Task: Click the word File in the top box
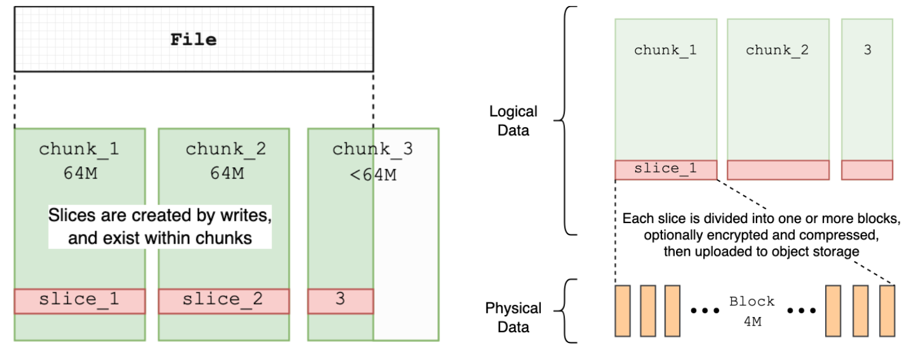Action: click(x=193, y=40)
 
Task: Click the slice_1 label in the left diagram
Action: click(x=79, y=299)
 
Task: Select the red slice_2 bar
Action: click(x=224, y=301)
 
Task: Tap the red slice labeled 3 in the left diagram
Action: click(x=340, y=301)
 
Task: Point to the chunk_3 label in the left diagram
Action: click(x=372, y=148)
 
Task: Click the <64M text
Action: click(x=372, y=175)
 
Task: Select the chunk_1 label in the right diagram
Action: click(x=665, y=50)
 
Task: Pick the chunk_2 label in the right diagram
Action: click(x=777, y=50)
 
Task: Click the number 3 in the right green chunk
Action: click(x=867, y=50)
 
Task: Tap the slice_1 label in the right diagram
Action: click(x=665, y=169)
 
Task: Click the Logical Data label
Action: click(x=513, y=120)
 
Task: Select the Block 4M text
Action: click(x=752, y=311)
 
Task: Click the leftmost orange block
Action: click(x=623, y=310)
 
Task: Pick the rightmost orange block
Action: click(x=888, y=310)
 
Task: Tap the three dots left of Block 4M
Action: click(x=704, y=311)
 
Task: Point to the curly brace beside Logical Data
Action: click(x=570, y=120)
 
